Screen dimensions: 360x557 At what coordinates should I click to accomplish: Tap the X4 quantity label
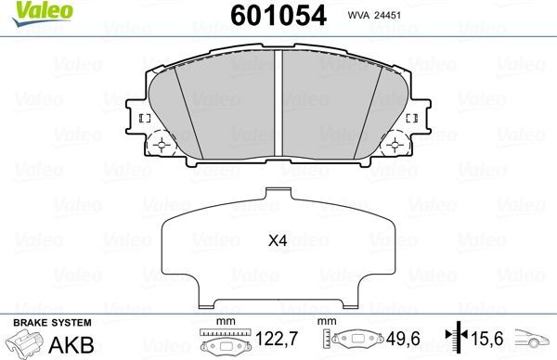click(278, 241)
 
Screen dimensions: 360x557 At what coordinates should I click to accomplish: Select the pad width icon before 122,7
click(220, 341)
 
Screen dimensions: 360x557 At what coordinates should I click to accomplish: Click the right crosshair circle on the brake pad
click(396, 145)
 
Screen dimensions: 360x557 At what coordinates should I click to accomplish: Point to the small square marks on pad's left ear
click(143, 119)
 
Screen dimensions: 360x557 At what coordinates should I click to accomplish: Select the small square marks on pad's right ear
click(416, 119)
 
